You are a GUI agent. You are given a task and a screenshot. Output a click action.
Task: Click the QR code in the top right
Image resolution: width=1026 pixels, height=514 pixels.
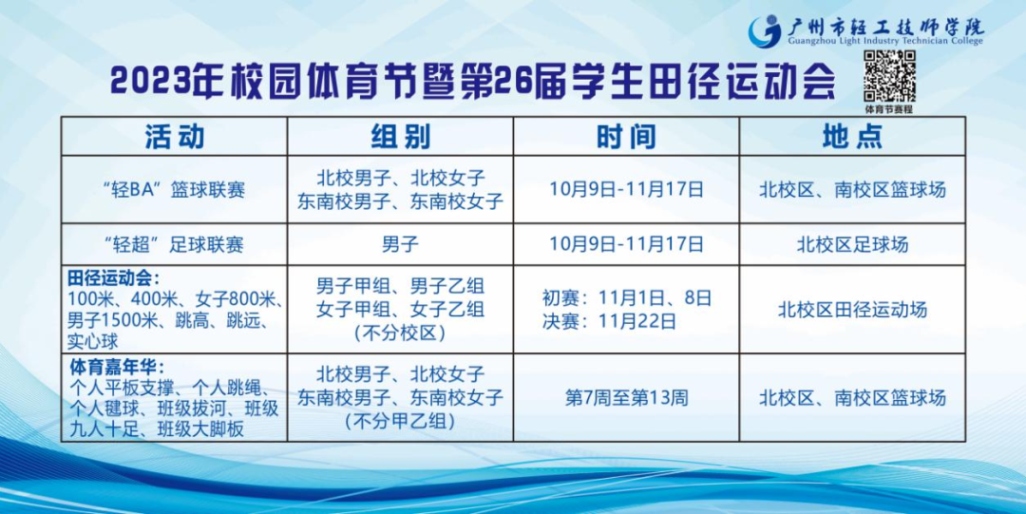click(888, 76)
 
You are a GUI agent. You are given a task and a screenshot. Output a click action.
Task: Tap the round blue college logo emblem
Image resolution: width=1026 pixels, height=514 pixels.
click(764, 31)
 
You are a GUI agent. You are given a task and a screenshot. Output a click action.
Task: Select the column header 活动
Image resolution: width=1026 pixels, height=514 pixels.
click(174, 136)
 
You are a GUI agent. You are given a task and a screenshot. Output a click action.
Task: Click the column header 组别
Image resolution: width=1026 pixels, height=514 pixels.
click(401, 136)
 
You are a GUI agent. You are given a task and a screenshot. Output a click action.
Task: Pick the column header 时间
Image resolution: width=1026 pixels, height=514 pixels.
click(626, 136)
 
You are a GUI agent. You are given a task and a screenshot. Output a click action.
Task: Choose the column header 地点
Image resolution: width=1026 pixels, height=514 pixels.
click(852, 136)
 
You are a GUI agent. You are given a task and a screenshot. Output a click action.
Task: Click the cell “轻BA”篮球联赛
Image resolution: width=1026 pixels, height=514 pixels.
click(174, 190)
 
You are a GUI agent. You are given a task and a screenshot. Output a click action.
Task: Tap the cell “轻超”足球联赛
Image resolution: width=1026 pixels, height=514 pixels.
click(174, 244)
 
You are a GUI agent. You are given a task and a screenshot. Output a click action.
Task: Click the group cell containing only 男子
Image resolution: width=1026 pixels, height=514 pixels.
click(401, 244)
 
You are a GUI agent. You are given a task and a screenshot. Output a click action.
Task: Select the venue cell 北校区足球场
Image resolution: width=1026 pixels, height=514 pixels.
click(852, 244)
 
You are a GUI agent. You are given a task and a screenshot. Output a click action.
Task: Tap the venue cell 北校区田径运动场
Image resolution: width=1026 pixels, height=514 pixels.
click(852, 309)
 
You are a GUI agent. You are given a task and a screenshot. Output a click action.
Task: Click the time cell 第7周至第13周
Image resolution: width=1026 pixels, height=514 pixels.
click(626, 397)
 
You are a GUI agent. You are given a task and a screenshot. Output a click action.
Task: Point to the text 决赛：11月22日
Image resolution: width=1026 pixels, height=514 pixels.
click(609, 321)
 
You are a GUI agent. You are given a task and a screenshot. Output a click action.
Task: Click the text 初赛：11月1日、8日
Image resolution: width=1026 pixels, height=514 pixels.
click(626, 298)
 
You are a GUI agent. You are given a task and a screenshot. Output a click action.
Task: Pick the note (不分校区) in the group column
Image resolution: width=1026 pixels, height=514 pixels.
click(401, 333)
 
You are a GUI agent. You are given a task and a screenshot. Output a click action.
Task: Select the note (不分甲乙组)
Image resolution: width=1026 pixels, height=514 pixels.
click(401, 421)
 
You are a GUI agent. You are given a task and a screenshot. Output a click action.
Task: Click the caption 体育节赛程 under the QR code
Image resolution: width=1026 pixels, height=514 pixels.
click(888, 109)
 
